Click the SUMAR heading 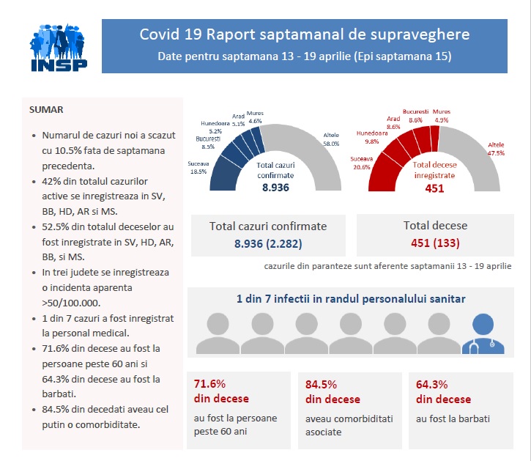pyautogui.click(x=46, y=110)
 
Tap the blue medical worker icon pyautogui.click(x=483, y=333)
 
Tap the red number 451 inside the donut pyautogui.click(x=434, y=188)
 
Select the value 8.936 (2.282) pyautogui.click(x=268, y=243)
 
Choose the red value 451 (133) pyautogui.click(x=435, y=243)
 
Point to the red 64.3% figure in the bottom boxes pyautogui.click(x=431, y=383)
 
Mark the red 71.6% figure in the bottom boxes pyautogui.click(x=209, y=383)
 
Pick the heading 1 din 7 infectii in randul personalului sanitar pyautogui.click(x=350, y=299)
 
